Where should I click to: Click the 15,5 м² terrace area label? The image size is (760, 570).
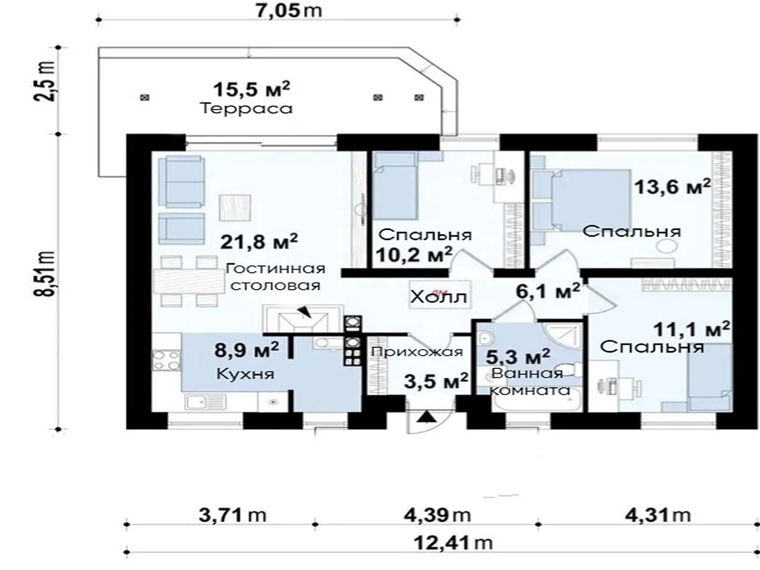[251, 89]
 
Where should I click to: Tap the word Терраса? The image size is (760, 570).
[246, 109]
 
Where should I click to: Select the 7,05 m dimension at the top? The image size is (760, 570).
[289, 11]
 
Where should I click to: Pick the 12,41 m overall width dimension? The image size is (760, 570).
[453, 543]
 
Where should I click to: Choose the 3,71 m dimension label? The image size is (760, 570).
[232, 515]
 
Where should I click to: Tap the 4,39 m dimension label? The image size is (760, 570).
[437, 515]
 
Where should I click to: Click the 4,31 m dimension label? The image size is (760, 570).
[658, 515]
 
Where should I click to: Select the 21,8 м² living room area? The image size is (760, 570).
[259, 241]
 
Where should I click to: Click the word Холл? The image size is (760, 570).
[439, 297]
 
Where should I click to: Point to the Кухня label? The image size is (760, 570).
[245, 374]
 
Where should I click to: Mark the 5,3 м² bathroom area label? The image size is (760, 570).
[518, 356]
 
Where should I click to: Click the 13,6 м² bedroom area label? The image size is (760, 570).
[672, 187]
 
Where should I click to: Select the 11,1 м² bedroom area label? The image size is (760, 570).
[691, 329]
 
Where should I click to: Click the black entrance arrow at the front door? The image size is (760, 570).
[426, 417]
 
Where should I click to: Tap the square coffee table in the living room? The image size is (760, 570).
[235, 207]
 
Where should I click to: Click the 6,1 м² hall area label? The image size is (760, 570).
[548, 291]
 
